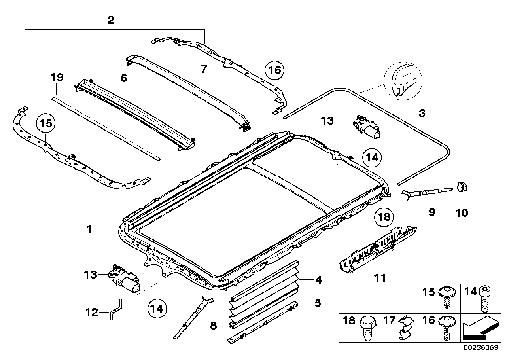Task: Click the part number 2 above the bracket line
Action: (111, 20)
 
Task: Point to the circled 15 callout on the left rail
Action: (46, 123)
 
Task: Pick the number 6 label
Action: (124, 78)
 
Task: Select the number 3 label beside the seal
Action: (422, 114)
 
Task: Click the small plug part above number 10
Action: (462, 186)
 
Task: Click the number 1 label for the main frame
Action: (89, 229)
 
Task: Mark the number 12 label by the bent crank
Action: (91, 313)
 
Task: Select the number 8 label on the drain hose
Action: (213, 326)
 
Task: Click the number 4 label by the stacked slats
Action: (318, 280)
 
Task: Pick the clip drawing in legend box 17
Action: (406, 328)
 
